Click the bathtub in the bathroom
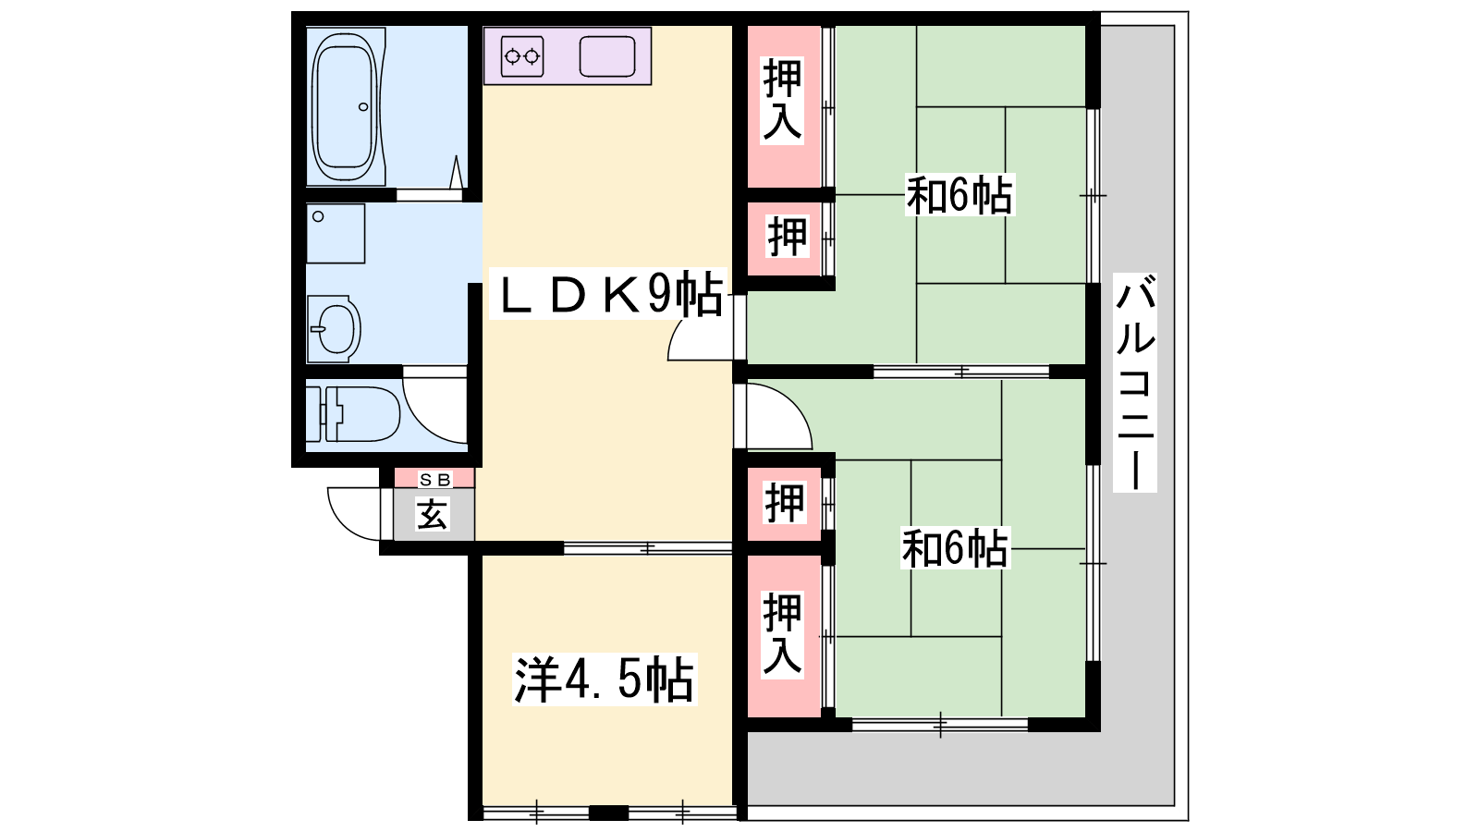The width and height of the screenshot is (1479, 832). pyautogui.click(x=345, y=107)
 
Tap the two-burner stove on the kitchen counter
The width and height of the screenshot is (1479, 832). pyautogui.click(x=522, y=56)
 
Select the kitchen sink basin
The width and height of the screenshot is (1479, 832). pyautogui.click(x=607, y=56)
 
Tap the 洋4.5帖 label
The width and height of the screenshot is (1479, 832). pyautogui.click(x=605, y=679)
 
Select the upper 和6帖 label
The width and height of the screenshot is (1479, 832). pyautogui.click(x=959, y=195)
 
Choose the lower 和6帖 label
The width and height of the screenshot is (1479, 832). pyautogui.click(x=956, y=548)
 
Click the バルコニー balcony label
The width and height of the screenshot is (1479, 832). pyautogui.click(x=1135, y=383)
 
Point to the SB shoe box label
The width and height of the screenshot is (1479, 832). pyautogui.click(x=435, y=480)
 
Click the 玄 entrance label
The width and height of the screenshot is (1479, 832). pyautogui.click(x=433, y=514)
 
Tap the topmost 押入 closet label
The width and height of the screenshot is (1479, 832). pyautogui.click(x=782, y=101)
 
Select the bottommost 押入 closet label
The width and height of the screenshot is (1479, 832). pyautogui.click(x=782, y=634)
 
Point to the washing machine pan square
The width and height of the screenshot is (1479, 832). pyautogui.click(x=336, y=234)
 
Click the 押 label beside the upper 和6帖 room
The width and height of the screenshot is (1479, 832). pyautogui.click(x=787, y=237)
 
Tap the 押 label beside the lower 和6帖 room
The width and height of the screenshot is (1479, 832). pyautogui.click(x=785, y=503)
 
